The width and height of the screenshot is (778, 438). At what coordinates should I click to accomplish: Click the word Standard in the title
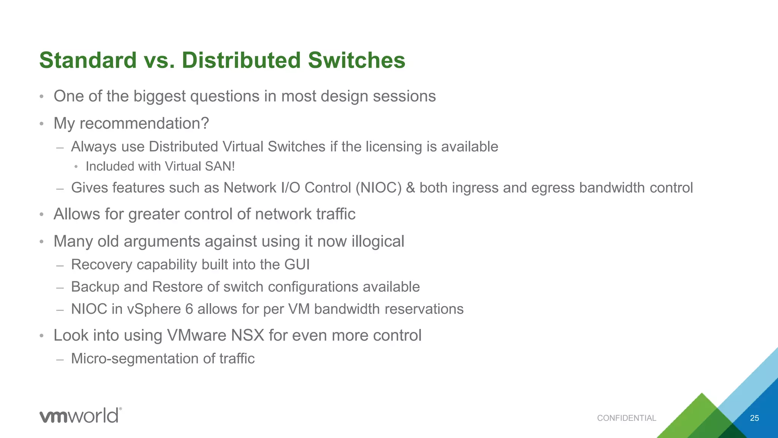88,60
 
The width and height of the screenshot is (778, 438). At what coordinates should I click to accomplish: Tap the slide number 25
754,418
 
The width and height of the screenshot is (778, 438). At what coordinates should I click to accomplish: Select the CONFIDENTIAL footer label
626,418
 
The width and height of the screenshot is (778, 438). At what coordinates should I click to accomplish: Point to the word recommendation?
144,123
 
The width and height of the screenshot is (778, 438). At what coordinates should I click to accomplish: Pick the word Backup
95,287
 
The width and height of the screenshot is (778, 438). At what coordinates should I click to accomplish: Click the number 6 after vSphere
189,309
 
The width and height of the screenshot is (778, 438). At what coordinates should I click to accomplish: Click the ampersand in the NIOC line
410,188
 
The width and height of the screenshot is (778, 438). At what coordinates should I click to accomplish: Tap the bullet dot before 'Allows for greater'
42,215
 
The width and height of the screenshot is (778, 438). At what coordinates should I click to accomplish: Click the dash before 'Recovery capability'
60,265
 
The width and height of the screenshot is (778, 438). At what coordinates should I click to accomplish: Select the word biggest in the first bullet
160,97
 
